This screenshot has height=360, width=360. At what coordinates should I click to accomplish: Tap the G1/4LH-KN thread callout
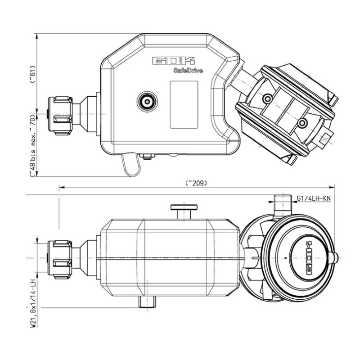314,198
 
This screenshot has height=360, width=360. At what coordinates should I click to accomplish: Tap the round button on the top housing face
147,101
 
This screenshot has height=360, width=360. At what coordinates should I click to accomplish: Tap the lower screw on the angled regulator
302,122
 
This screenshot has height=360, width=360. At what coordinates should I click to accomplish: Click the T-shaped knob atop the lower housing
184,210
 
